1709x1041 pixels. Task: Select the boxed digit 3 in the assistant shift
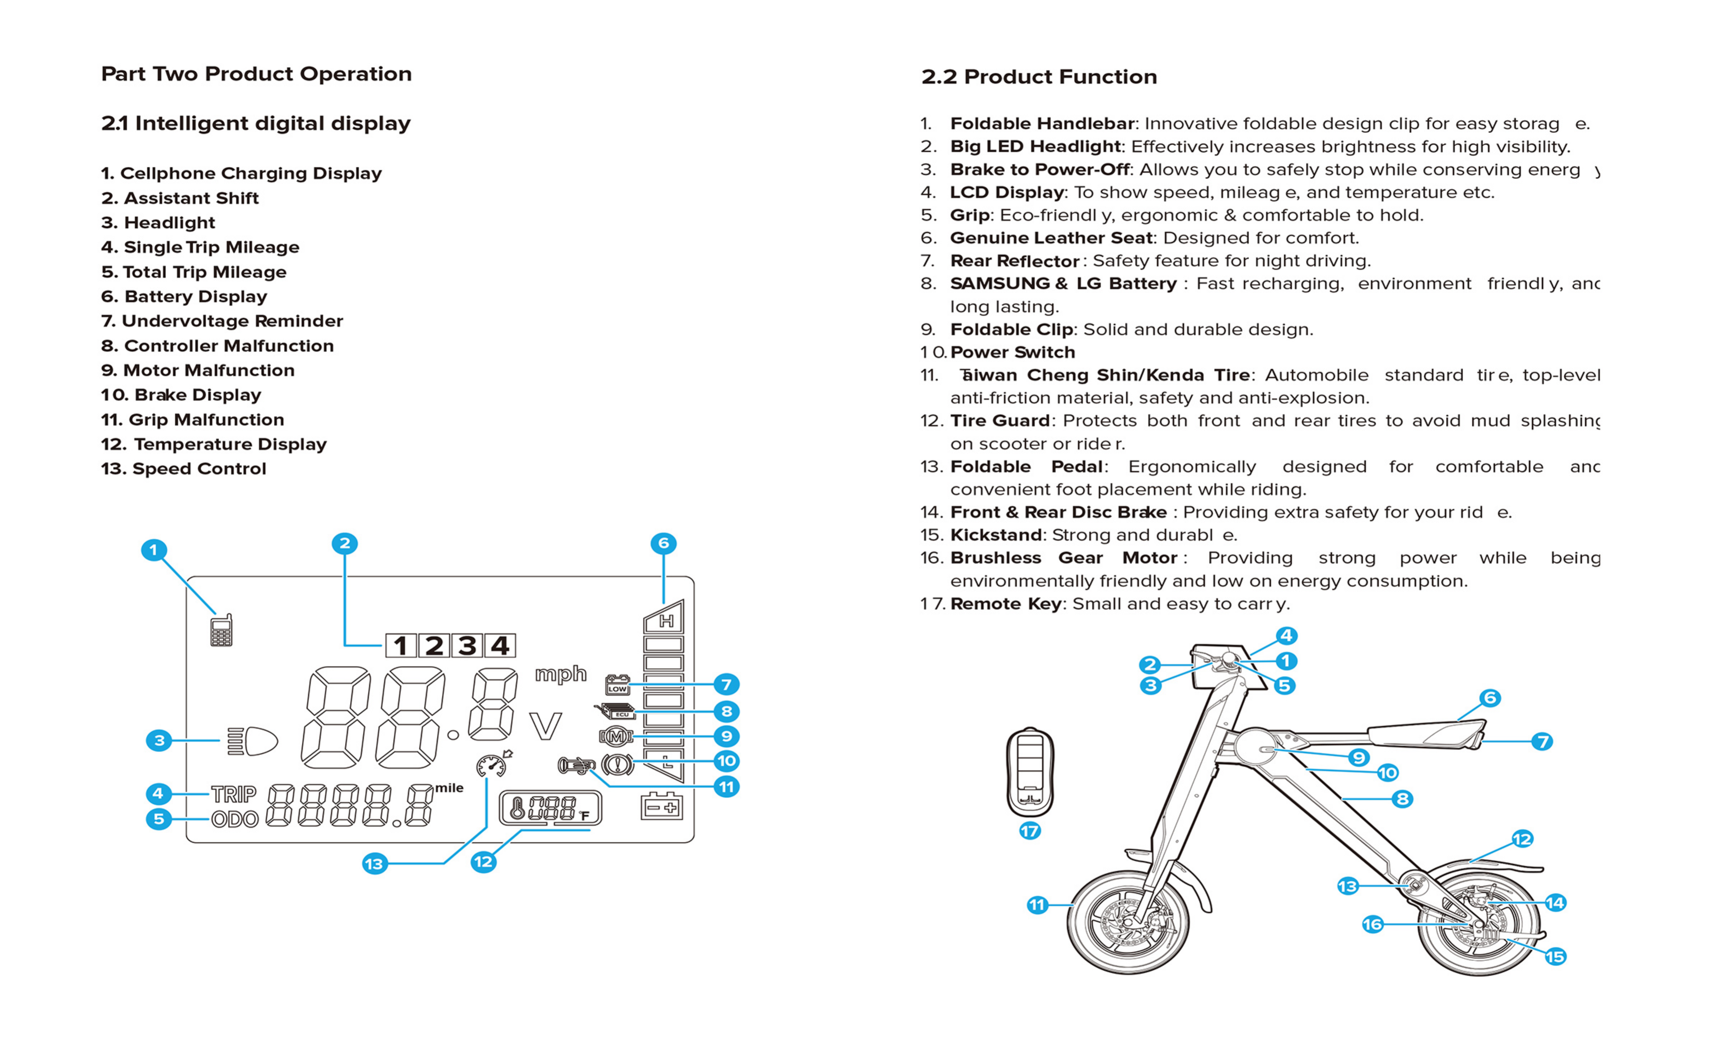(x=467, y=646)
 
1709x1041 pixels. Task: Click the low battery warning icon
(x=617, y=685)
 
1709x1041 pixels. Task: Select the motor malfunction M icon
(x=616, y=736)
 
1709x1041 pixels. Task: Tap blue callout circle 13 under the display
(x=374, y=863)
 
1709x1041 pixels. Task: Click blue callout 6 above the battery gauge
(x=663, y=543)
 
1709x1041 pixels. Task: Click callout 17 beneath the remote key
(x=1030, y=830)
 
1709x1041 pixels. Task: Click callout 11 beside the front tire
(x=1037, y=904)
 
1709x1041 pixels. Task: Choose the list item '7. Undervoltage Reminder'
(x=222, y=321)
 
